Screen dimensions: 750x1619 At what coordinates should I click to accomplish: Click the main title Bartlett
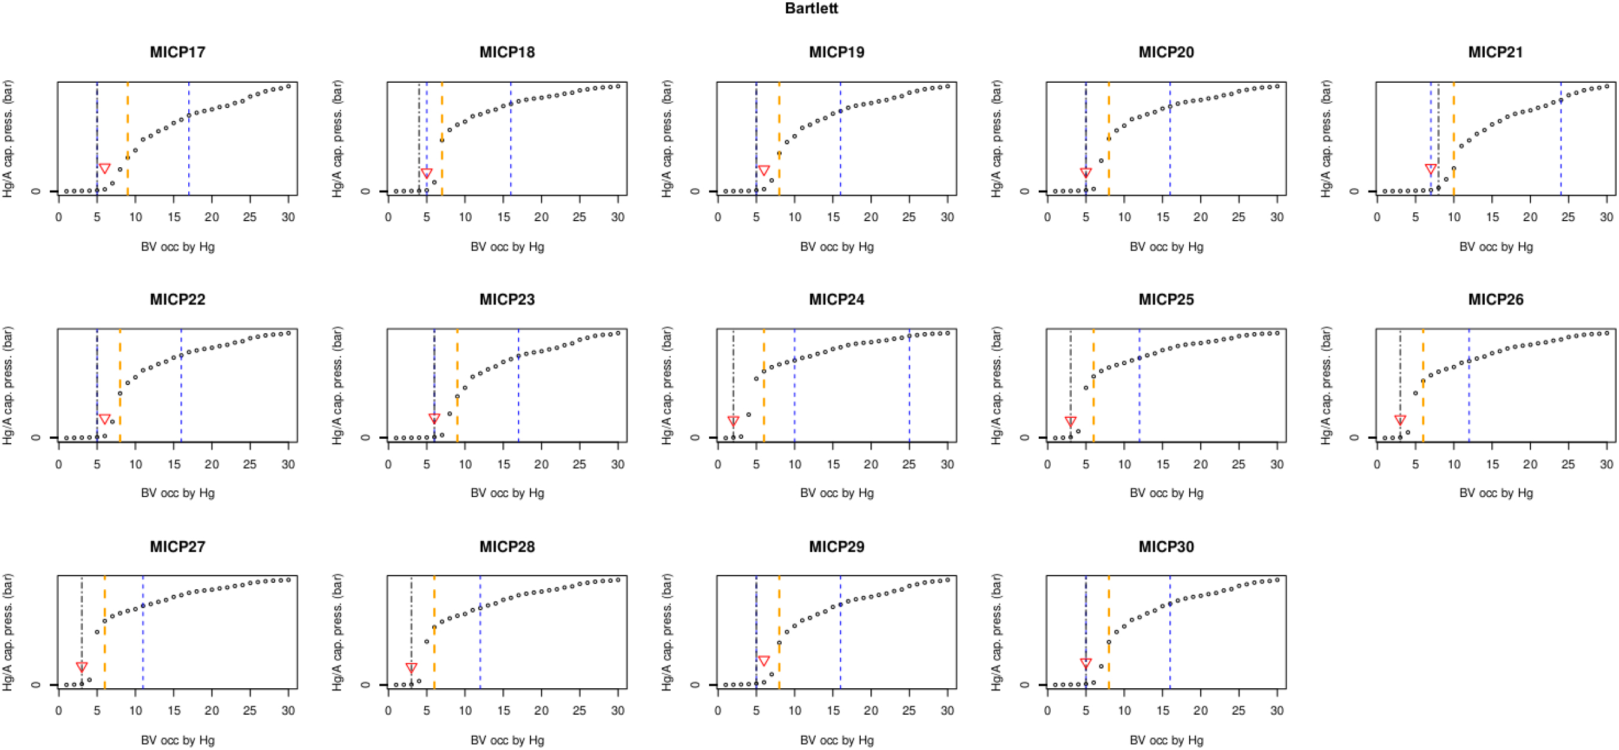pyautogui.click(x=811, y=8)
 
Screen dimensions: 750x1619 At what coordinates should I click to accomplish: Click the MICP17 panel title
pyautogui.click(x=177, y=52)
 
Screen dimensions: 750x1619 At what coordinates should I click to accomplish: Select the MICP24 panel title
pyautogui.click(x=837, y=299)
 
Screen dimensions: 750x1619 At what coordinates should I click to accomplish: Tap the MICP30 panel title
pyautogui.click(x=1166, y=546)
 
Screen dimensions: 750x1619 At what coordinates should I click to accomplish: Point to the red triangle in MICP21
pyautogui.click(x=1430, y=169)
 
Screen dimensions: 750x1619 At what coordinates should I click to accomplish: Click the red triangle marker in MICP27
pyautogui.click(x=82, y=667)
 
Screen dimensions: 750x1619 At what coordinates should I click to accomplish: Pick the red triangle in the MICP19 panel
pyautogui.click(x=764, y=170)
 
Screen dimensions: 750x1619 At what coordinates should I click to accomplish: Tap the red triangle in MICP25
pyautogui.click(x=1071, y=421)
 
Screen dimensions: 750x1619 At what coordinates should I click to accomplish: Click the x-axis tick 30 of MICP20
pyautogui.click(x=1277, y=217)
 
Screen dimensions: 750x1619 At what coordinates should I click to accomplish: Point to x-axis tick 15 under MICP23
pyautogui.click(x=504, y=464)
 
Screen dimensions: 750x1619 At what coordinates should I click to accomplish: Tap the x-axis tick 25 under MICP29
pyautogui.click(x=909, y=710)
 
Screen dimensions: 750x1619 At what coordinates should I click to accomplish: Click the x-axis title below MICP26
pyautogui.click(x=1496, y=493)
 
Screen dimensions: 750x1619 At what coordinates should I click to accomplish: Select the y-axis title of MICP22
pyautogui.click(x=8, y=385)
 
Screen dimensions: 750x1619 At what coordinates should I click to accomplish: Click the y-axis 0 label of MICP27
pyautogui.click(x=36, y=685)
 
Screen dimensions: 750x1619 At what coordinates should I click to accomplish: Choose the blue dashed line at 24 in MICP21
pyautogui.click(x=1560, y=144)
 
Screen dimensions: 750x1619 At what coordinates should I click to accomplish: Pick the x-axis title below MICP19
pyautogui.click(x=837, y=246)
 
